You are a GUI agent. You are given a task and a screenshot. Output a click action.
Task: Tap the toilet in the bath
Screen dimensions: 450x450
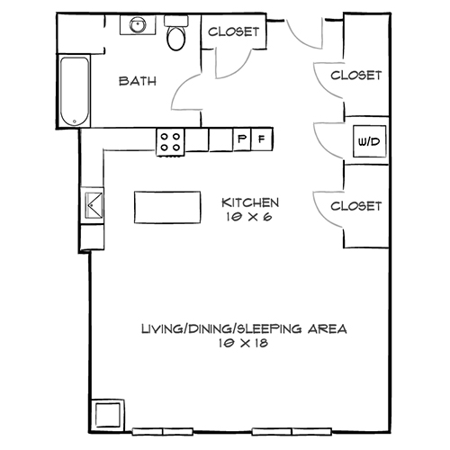coord(176,36)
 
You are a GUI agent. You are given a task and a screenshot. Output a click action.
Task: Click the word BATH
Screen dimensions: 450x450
coord(139,81)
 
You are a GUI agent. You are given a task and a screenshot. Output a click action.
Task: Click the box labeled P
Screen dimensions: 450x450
coord(241,139)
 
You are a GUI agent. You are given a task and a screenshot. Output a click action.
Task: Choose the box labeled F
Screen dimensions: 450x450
coord(261,139)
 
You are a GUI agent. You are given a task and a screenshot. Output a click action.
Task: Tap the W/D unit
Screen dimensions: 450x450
coord(367,142)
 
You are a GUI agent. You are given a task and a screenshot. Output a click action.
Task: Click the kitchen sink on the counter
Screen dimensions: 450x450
coord(94,203)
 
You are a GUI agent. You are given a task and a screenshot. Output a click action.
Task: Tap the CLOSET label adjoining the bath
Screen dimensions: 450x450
coord(234,31)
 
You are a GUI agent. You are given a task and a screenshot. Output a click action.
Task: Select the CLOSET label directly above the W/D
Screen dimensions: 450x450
coord(356,76)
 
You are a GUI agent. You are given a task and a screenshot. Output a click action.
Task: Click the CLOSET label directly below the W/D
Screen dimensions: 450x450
coord(356,206)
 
